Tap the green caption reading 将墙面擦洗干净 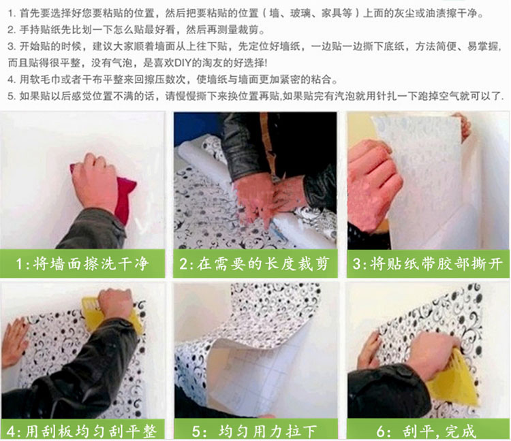coord(91,263)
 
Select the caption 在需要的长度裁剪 coord(263,263)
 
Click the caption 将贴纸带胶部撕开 coord(436,263)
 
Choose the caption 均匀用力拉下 coord(267,431)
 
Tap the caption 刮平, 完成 coord(439,431)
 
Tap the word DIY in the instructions coord(183,63)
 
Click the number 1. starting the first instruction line coord(12,14)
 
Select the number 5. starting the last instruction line coord(12,96)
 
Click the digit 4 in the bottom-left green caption coord(11,432)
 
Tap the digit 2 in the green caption coord(183,264)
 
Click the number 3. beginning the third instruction coord(12,46)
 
